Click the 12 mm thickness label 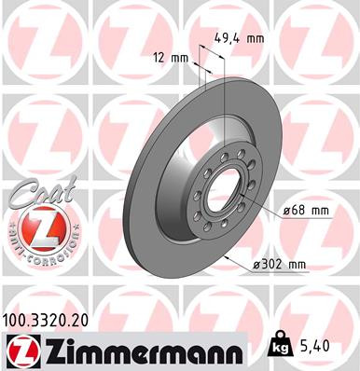pos(171,58)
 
